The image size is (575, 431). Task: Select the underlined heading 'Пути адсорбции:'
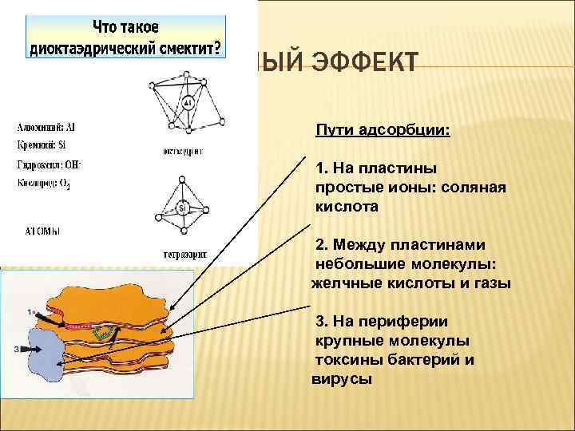point(383,129)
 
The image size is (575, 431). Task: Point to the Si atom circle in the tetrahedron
point(182,208)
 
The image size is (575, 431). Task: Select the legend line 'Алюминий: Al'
point(47,126)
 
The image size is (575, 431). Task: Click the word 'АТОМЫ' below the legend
point(43,231)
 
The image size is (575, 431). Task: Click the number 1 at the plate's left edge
point(30,311)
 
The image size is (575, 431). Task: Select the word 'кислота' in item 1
point(347,206)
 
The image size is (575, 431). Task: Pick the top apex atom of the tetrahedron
point(183,176)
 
